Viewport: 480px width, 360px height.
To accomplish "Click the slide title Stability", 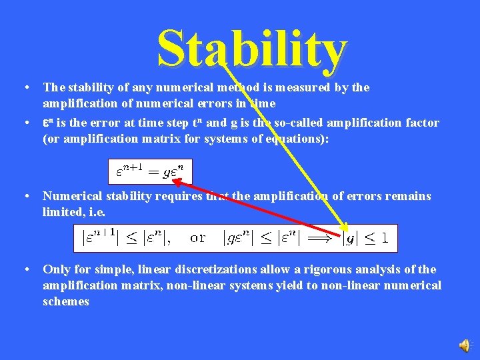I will [x=252, y=51].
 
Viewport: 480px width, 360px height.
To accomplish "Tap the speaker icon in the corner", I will [x=464, y=344].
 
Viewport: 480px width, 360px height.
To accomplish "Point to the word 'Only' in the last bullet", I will [x=55, y=269].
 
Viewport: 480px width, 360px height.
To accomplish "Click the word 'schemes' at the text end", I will [x=66, y=301].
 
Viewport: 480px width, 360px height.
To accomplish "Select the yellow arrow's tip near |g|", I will [x=345, y=227].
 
